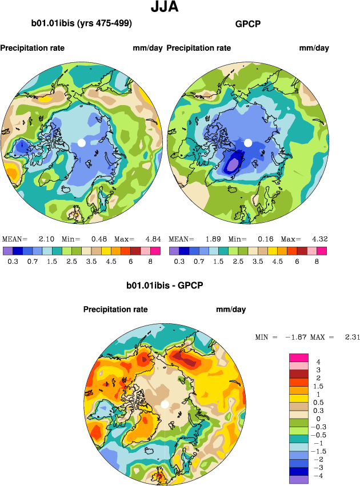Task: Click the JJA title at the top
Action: [x=165, y=7]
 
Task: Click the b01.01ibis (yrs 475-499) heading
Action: [x=82, y=23]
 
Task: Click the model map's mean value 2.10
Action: [x=46, y=239]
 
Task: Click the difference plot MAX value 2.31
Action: [x=352, y=338]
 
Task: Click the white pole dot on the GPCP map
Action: [x=248, y=142]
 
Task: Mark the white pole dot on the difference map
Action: [x=165, y=404]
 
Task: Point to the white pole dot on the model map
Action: [x=81, y=142]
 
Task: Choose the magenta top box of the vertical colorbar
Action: [x=298, y=358]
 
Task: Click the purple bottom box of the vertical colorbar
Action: [x=298, y=480]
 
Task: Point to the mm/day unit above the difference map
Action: [x=231, y=310]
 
